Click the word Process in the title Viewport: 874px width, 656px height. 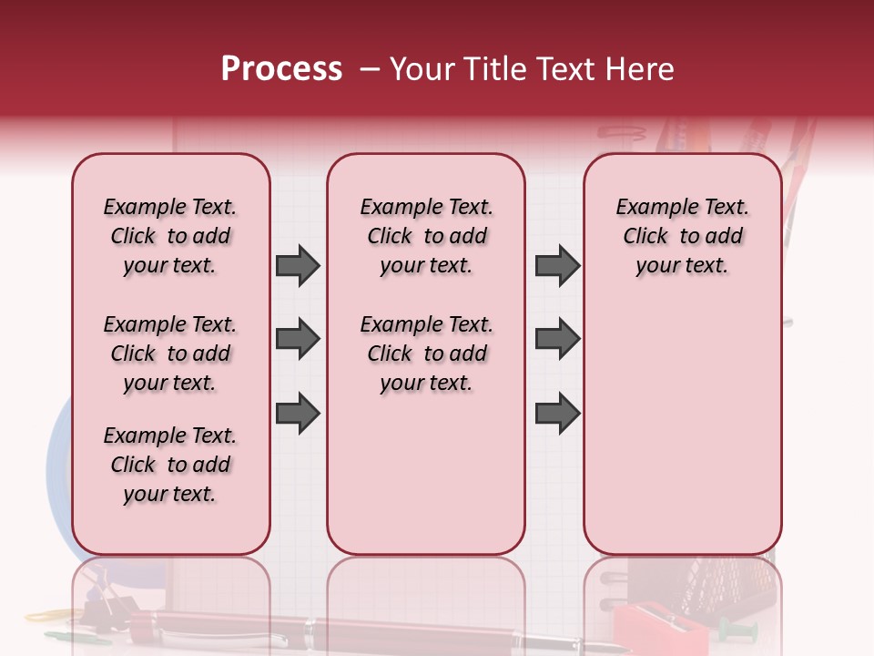tap(281, 69)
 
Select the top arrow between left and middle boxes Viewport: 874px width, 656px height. tap(298, 265)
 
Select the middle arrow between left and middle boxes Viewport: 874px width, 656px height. tap(298, 339)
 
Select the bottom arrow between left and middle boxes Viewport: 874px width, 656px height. tap(298, 413)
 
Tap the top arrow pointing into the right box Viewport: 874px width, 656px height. tap(557, 265)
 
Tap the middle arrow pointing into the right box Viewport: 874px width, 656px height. tap(557, 339)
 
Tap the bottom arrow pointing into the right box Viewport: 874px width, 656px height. tap(557, 413)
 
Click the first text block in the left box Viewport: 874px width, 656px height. tap(170, 236)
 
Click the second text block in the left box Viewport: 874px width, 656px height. tap(170, 354)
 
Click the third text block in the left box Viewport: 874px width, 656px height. tap(170, 465)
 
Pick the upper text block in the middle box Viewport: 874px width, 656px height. tap(426, 236)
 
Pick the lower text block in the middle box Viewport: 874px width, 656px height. tap(426, 354)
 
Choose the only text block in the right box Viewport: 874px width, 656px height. tap(682, 236)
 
